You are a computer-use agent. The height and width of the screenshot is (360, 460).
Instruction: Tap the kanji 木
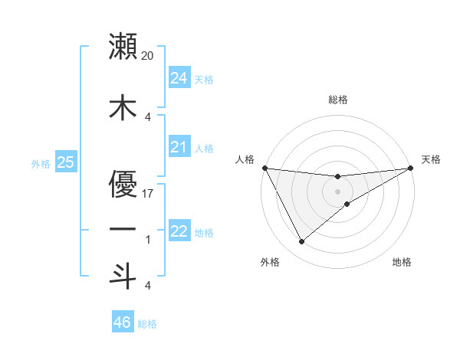[x=123, y=107]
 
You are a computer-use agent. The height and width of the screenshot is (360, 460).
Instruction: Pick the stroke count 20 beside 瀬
[x=148, y=56]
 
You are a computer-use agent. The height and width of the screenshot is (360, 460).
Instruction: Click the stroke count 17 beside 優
[x=148, y=193]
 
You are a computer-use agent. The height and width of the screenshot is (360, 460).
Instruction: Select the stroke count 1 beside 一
[x=148, y=240]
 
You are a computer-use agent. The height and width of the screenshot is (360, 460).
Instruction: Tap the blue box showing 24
[x=179, y=77]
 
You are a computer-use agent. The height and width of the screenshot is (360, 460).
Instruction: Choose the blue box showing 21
[x=179, y=147]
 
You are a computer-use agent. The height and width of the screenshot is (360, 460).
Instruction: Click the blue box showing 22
[x=179, y=231]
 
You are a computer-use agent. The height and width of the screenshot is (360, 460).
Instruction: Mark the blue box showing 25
[x=65, y=162]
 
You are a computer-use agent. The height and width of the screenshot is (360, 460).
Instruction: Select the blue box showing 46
[x=122, y=322]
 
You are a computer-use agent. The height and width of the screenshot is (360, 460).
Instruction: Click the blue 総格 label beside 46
[x=147, y=324]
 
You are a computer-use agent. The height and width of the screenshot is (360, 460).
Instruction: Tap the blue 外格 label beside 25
[x=41, y=163]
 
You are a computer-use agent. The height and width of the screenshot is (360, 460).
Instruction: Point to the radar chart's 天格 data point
[x=411, y=169]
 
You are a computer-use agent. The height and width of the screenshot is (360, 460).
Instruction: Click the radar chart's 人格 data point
[x=264, y=168]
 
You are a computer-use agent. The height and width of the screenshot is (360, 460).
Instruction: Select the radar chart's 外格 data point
[x=301, y=242]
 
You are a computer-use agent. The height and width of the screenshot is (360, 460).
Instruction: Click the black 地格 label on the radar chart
[x=402, y=262]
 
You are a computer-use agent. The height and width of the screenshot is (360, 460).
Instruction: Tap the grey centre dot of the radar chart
[x=337, y=191]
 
